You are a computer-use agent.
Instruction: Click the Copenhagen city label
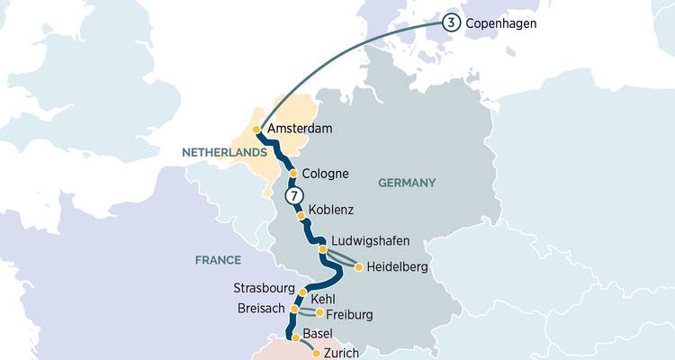500,23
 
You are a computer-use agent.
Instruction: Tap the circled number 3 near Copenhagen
449,23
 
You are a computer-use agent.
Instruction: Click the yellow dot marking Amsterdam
257,130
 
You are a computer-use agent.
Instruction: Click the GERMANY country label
407,183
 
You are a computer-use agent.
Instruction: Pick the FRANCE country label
218,260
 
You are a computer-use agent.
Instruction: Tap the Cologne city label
326,174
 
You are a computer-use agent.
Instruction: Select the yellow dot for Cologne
292,174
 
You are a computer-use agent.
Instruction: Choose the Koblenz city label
330,210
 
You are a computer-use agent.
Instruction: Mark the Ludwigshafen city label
371,241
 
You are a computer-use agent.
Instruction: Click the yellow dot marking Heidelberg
358,267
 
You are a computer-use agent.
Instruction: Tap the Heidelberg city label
398,267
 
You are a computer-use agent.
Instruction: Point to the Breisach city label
263,308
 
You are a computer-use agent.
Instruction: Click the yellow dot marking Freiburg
319,313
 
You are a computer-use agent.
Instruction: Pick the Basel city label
318,334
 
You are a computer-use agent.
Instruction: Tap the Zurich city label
341,353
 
